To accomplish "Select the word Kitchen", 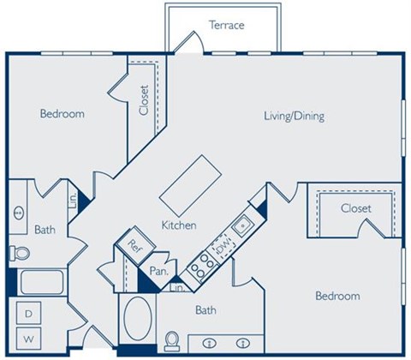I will [x=180, y=225].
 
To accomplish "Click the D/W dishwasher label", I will [x=223, y=248].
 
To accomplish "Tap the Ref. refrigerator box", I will [x=134, y=243].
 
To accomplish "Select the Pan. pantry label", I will [x=158, y=272].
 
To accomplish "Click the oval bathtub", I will [x=138, y=321].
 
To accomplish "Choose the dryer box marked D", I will [x=27, y=314].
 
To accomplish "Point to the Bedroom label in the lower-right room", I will [x=337, y=297].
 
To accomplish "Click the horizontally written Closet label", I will [x=354, y=208].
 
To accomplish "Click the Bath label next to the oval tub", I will [x=205, y=310].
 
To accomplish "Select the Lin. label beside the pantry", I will [x=179, y=290].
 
